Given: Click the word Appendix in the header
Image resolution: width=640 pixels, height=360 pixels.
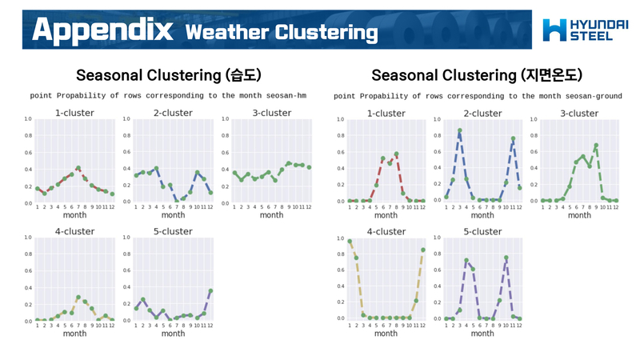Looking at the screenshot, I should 103,30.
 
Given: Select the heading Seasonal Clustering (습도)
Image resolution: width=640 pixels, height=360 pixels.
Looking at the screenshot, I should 168,75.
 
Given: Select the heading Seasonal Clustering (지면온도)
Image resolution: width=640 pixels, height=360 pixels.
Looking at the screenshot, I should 477,75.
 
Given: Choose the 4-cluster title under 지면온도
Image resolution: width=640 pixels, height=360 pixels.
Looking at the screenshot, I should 386,231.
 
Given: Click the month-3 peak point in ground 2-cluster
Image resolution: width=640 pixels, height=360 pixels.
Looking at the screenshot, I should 460,130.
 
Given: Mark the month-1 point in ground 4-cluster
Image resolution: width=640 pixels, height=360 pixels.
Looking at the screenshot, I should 350,241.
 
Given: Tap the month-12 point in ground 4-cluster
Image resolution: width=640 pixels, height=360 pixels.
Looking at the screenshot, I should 422,250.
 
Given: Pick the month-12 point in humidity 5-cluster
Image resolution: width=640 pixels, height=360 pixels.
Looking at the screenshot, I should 210,290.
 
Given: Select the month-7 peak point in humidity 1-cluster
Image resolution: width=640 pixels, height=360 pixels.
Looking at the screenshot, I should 78,167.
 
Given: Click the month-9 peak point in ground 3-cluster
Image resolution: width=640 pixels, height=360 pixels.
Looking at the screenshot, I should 596,146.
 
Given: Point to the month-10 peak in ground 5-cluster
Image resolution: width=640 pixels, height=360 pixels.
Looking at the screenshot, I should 506,258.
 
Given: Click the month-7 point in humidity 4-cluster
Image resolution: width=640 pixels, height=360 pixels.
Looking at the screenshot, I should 78,298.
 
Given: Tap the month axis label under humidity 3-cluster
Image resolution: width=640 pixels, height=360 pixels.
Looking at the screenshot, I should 271,215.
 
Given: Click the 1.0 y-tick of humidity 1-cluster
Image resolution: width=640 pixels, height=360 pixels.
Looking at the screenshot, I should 28,119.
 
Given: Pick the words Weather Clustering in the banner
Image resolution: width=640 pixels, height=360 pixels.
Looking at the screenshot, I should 281,32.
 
